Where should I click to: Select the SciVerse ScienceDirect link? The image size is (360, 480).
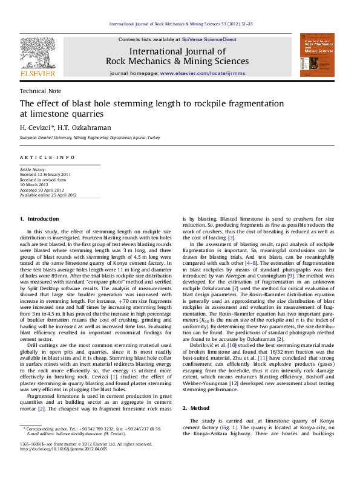209,39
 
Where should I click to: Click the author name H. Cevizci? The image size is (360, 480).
36,127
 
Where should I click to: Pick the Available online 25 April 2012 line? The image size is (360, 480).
48,195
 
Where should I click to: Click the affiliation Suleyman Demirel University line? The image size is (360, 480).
85,138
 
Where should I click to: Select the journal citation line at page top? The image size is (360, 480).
180,24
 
